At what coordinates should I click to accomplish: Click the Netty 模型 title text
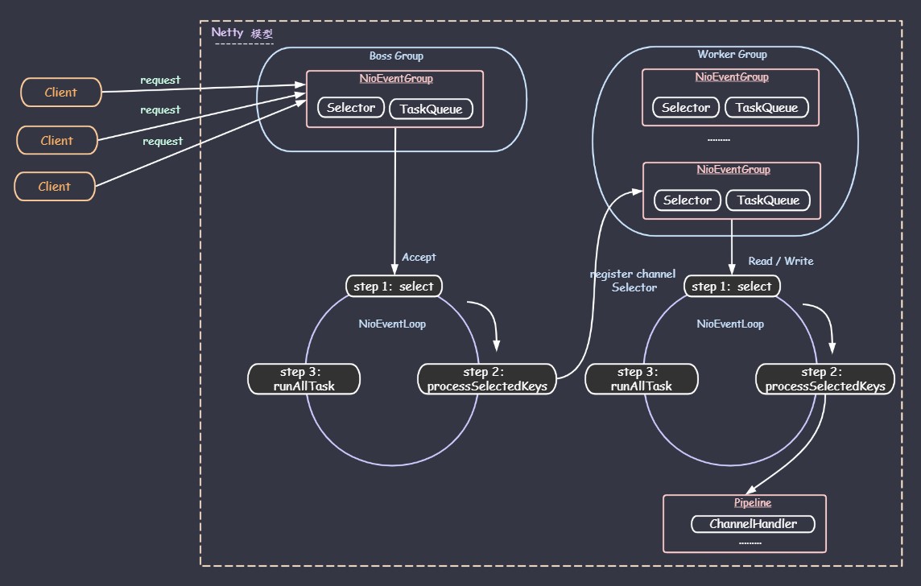pyautogui.click(x=242, y=33)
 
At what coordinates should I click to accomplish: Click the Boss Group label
pyautogui.click(x=396, y=56)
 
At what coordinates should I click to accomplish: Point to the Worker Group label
pyautogui.click(x=732, y=54)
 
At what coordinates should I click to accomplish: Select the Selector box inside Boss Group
pyautogui.click(x=351, y=107)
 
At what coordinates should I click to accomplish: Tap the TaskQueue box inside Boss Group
pyautogui.click(x=432, y=109)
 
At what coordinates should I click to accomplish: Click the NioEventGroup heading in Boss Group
pyautogui.click(x=396, y=79)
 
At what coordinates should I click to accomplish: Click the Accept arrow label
pyautogui.click(x=419, y=258)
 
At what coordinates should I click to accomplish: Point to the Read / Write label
pyautogui.click(x=781, y=261)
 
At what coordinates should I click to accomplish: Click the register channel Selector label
pyautogui.click(x=633, y=281)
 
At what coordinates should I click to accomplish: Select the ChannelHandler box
pyautogui.click(x=753, y=524)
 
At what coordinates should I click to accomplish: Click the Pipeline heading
pyautogui.click(x=753, y=502)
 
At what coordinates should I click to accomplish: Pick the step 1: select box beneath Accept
pyautogui.click(x=394, y=286)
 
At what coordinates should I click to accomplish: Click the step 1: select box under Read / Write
pyautogui.click(x=732, y=286)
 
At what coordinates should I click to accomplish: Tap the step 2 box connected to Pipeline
pyautogui.click(x=824, y=379)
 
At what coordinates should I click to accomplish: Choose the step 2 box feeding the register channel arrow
pyautogui.click(x=487, y=379)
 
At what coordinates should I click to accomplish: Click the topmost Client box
pyautogui.click(x=61, y=93)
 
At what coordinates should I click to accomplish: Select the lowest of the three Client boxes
pyautogui.click(x=55, y=186)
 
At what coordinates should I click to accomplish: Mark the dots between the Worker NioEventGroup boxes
pyautogui.click(x=719, y=140)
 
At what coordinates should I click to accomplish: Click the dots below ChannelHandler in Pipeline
pyautogui.click(x=750, y=543)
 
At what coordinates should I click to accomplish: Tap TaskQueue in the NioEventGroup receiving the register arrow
pyautogui.click(x=768, y=200)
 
